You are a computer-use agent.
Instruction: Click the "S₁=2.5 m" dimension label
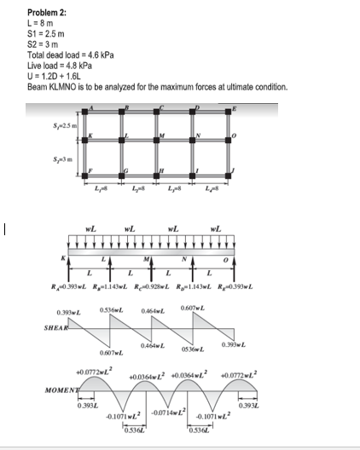(x=64, y=127)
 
